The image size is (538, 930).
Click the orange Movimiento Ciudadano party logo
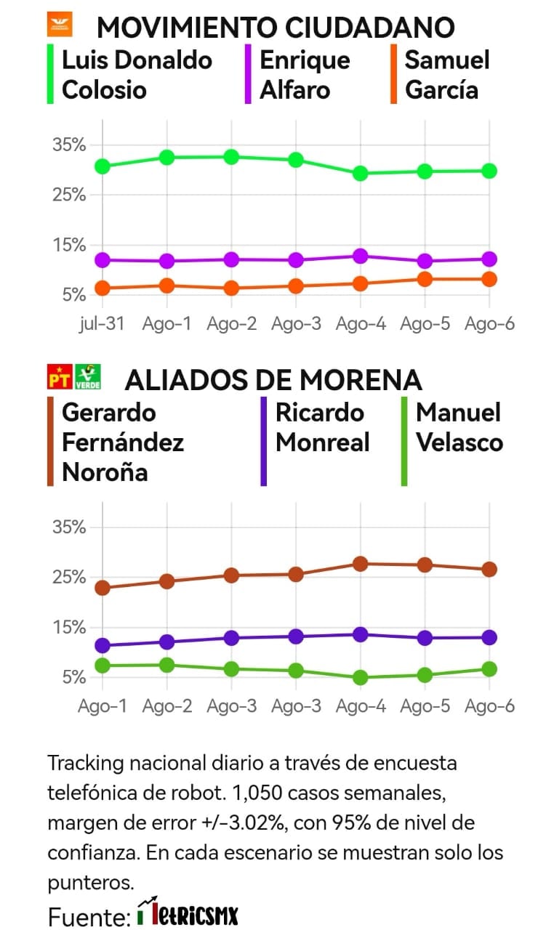pyautogui.click(x=60, y=25)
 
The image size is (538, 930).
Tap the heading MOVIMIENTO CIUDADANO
pyautogui.click(x=276, y=28)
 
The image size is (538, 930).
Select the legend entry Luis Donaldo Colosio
pyautogui.click(x=137, y=75)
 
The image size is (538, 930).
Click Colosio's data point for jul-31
pyautogui.click(x=103, y=166)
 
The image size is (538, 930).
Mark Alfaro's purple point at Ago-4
pyautogui.click(x=360, y=256)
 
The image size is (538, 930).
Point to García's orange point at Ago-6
pyautogui.click(x=489, y=279)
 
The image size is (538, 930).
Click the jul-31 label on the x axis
pyautogui.click(x=101, y=323)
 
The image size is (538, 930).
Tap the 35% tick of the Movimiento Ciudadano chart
pyautogui.click(x=70, y=145)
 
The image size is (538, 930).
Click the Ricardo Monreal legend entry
pyautogui.click(x=322, y=427)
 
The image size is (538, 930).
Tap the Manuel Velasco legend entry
pyautogui.click(x=458, y=427)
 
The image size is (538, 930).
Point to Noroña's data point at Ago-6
pyautogui.click(x=489, y=569)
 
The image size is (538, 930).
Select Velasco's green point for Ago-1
pyautogui.click(x=103, y=665)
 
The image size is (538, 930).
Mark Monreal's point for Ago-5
pyautogui.click(x=425, y=638)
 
